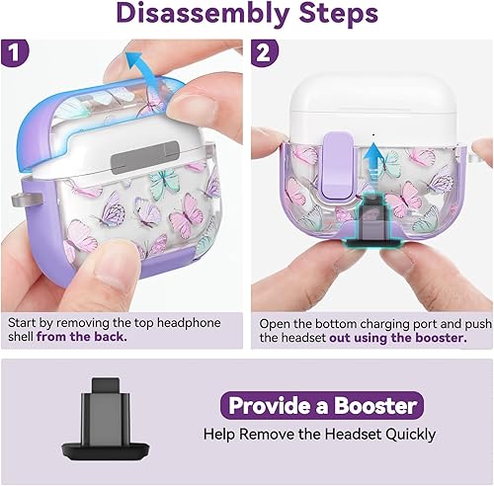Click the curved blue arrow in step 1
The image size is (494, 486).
point(145,69)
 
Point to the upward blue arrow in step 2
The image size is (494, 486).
point(370,160)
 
